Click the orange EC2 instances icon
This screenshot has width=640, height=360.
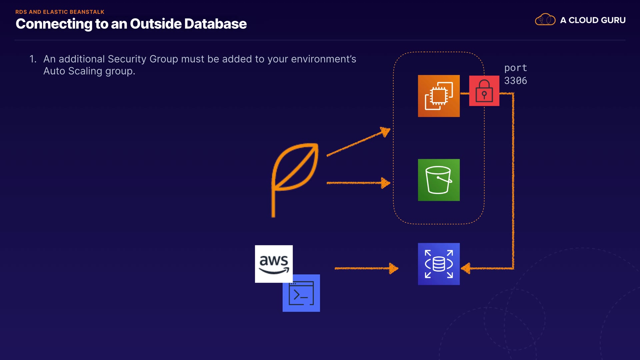pyautogui.click(x=439, y=96)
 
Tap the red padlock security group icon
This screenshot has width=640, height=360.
pyautogui.click(x=484, y=91)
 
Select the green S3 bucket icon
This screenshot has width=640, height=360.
pyautogui.click(x=439, y=180)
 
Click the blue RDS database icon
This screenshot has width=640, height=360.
pyautogui.click(x=439, y=264)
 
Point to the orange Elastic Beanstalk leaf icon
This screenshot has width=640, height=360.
pyautogui.click(x=295, y=180)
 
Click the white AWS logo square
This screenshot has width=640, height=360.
pyautogui.click(x=274, y=264)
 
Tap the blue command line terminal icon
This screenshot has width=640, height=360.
pyautogui.click(x=301, y=293)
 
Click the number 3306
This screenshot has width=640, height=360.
pyautogui.click(x=515, y=81)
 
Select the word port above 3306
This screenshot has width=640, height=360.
pyautogui.click(x=515, y=68)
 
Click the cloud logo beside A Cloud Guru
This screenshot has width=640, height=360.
pyautogui.click(x=545, y=20)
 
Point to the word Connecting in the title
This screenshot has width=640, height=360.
pyautogui.click(x=54, y=24)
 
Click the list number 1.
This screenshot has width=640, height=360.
pyautogui.click(x=32, y=59)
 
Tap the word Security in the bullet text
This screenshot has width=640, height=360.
pyautogui.click(x=127, y=59)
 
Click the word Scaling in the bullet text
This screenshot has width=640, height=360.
pyautogui.click(x=85, y=71)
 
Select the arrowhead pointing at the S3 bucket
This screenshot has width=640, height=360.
pyautogui.click(x=386, y=183)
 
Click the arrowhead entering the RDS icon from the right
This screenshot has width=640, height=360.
pyautogui.click(x=466, y=268)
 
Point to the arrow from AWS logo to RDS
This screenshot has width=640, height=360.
pyautogui.click(x=367, y=268)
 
